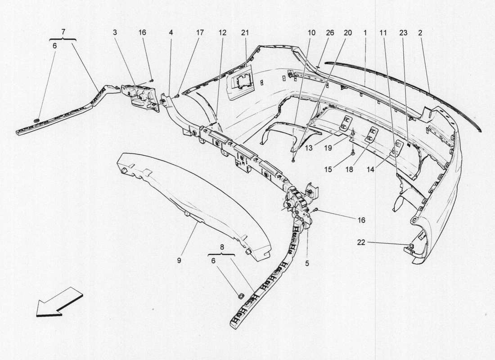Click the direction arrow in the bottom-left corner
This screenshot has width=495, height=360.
(x=59, y=302)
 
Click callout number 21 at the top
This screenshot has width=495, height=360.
(x=245, y=33)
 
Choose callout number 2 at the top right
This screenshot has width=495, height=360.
(x=419, y=33)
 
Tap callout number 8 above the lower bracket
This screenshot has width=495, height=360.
(x=221, y=247)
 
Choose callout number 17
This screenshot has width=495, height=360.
(x=199, y=33)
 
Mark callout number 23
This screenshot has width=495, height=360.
(x=403, y=33)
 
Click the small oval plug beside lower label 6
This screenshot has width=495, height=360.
(x=240, y=296)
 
